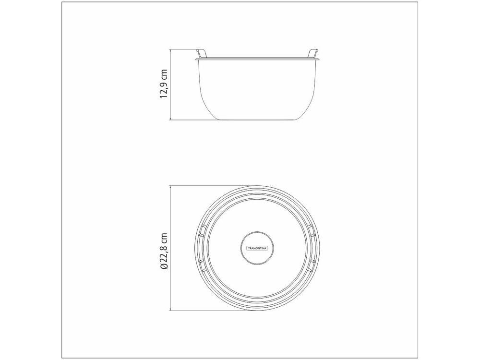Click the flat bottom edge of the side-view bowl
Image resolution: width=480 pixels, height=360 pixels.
click(x=257, y=120)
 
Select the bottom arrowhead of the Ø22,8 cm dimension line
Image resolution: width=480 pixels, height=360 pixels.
click(x=170, y=309)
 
